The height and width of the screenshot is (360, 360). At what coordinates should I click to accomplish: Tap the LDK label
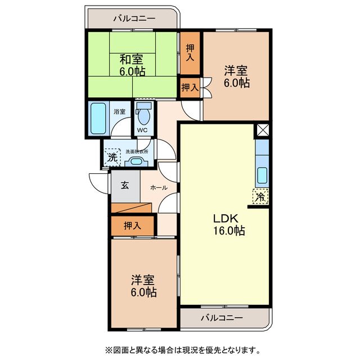[226, 219]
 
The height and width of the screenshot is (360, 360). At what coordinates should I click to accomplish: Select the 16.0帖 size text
[228, 231]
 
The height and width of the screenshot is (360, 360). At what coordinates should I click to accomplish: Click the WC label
[142, 130]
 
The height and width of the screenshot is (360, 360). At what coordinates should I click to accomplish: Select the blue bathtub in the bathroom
[98, 118]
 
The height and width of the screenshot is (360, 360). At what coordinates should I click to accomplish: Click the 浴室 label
[119, 111]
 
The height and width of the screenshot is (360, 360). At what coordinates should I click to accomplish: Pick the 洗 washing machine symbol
[112, 157]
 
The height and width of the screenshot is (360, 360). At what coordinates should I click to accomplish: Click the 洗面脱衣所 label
[137, 151]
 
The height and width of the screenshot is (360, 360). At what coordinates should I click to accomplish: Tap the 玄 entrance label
[124, 186]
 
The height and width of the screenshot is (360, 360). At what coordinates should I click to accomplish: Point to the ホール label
[158, 187]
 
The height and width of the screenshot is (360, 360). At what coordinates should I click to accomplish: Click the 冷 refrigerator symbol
[260, 197]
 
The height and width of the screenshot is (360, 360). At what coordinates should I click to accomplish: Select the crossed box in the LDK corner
[262, 130]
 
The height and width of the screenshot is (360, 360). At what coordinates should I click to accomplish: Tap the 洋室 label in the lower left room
[143, 280]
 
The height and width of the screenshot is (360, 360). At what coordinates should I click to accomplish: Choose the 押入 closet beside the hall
[132, 226]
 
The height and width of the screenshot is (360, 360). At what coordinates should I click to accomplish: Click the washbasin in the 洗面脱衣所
[136, 161]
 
